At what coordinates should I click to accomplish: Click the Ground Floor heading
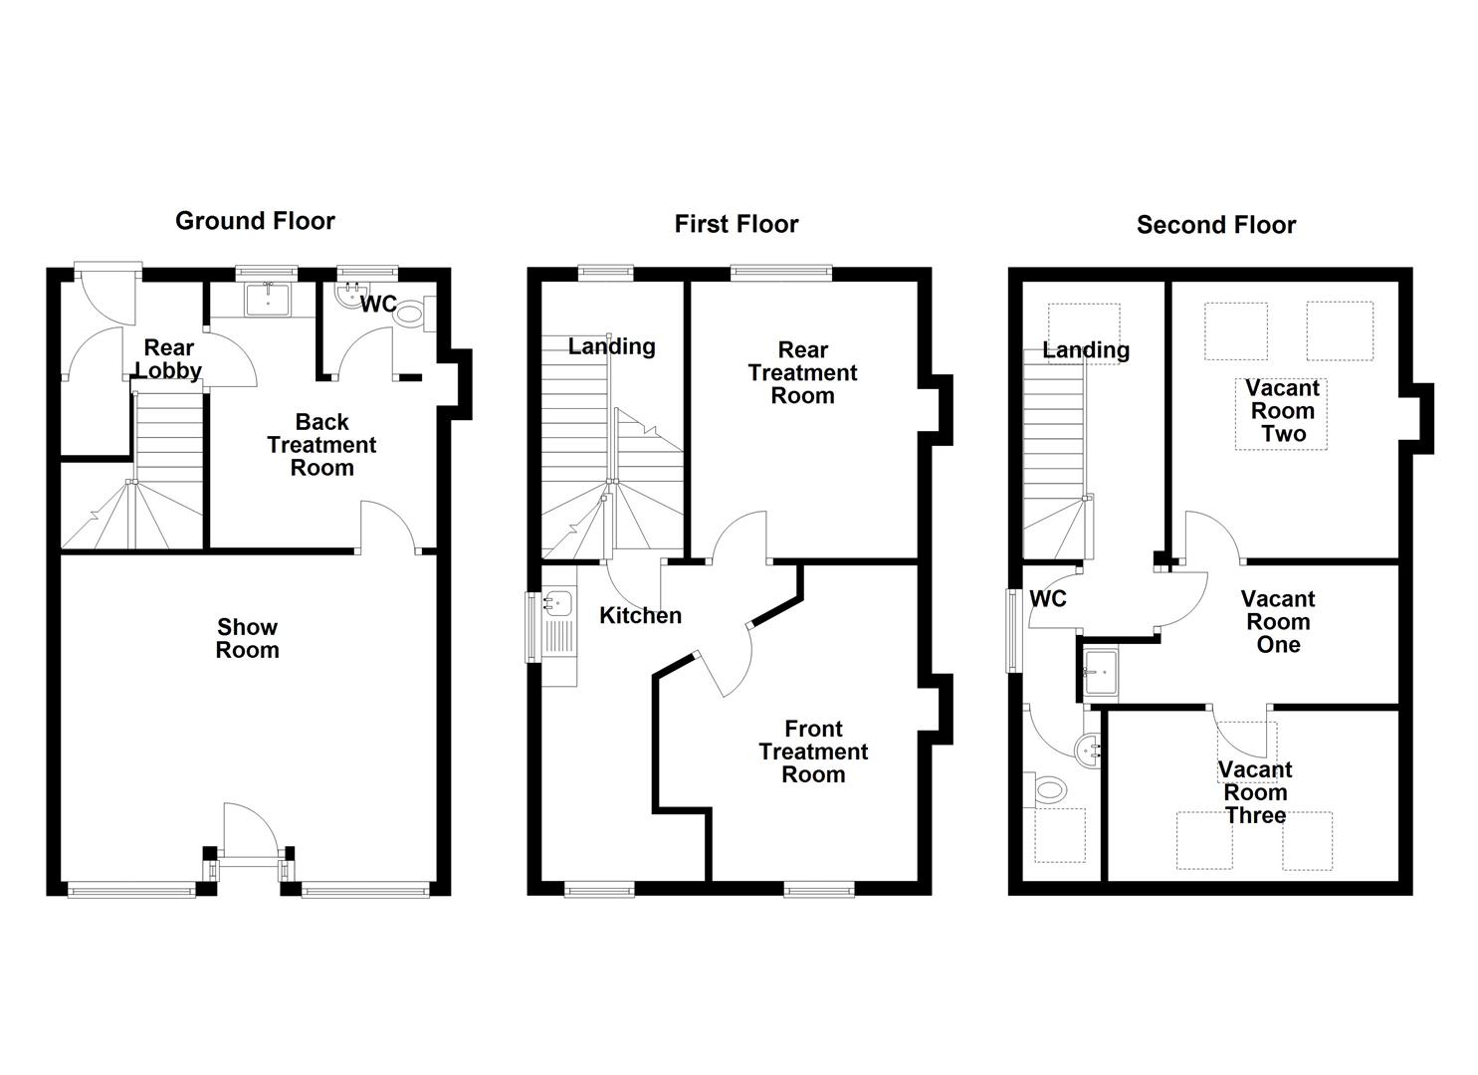255,221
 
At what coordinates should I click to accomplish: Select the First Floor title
736,224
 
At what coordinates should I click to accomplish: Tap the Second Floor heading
1215,225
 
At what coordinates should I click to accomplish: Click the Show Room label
248,639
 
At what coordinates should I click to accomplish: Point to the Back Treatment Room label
321,445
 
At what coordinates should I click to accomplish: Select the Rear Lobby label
168,359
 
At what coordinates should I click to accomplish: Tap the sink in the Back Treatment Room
267,299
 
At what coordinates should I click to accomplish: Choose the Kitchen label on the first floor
640,616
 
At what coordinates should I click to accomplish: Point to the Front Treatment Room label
813,752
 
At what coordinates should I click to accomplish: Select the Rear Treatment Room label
802,373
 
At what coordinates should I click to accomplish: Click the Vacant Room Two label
1282,411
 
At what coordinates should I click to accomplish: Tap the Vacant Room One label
1277,622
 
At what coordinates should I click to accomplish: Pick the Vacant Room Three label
1255,792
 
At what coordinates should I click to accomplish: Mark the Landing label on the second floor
1085,350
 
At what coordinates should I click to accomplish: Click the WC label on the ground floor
378,305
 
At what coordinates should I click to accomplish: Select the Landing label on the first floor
611,346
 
